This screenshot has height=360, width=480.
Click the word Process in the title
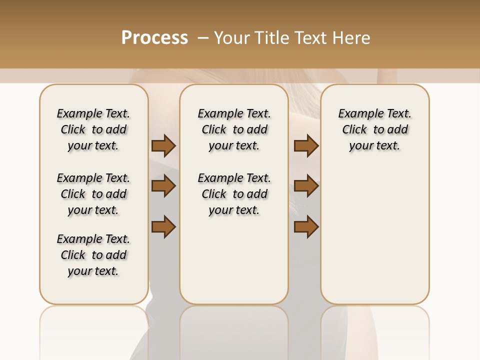[154, 37]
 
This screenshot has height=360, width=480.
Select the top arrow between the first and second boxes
[163, 145]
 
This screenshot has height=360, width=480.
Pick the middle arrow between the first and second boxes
[163, 186]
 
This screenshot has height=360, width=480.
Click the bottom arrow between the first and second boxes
[163, 226]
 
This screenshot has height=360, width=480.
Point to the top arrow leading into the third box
[306, 145]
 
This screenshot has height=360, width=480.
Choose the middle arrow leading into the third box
[306, 186]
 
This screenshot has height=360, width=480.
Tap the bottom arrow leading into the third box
[306, 226]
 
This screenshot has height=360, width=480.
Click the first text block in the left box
[93, 129]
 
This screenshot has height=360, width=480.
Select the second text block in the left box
[93, 194]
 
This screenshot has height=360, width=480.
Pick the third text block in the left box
[93, 255]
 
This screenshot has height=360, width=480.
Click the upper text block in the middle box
[234, 129]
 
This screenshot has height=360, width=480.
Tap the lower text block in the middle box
[234, 194]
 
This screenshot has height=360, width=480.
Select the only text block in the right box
[374, 129]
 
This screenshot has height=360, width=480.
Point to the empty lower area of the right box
[374, 230]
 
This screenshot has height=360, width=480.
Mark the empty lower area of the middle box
[234, 260]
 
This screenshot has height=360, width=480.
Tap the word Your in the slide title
[230, 37]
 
